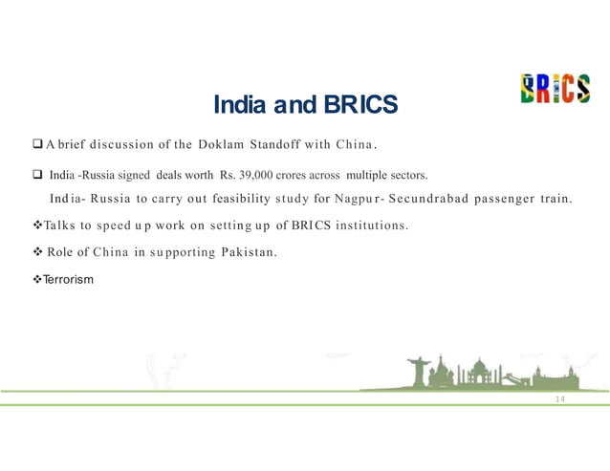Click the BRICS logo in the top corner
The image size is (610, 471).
(x=555, y=89)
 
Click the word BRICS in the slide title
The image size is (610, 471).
(x=359, y=103)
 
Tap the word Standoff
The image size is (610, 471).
(x=276, y=145)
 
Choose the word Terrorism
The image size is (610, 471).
(x=66, y=279)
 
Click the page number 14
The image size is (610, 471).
(x=560, y=398)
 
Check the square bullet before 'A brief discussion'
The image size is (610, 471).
(x=35, y=145)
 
